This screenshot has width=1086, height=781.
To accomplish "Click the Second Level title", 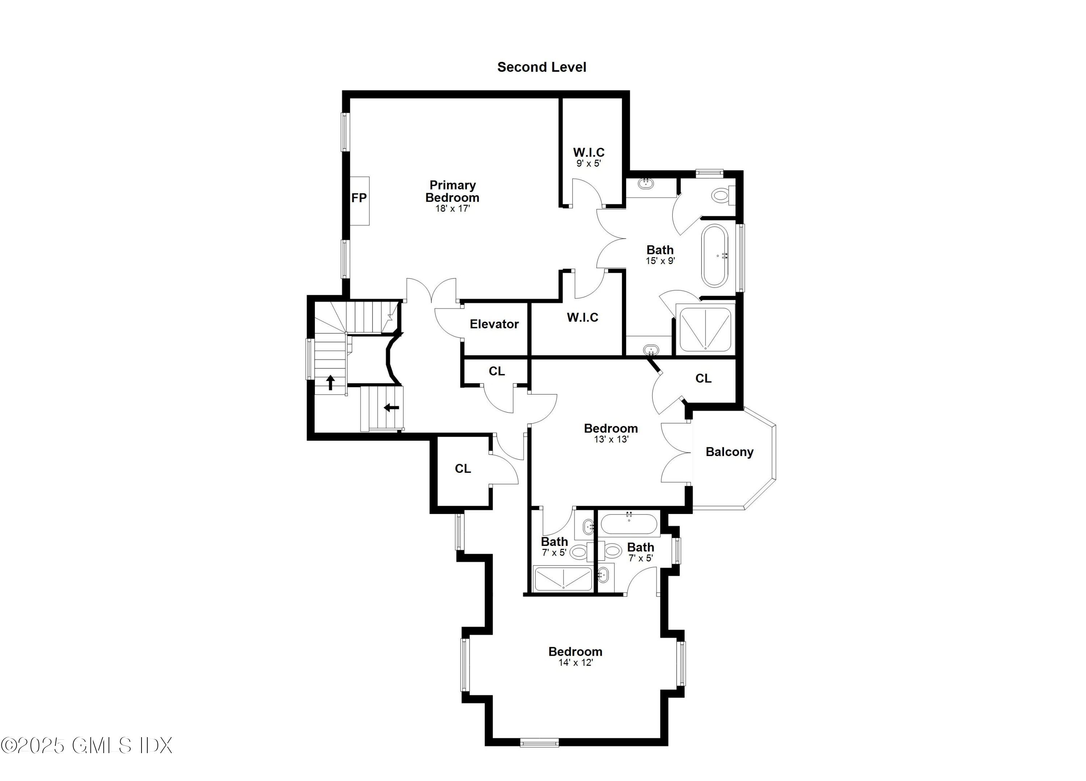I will click(541, 67).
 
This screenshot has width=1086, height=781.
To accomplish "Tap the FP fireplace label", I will click(359, 198).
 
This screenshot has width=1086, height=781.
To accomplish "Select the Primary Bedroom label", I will click(452, 191).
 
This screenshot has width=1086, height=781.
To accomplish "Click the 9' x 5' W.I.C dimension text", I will click(589, 163).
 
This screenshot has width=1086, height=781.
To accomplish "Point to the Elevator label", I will click(494, 324).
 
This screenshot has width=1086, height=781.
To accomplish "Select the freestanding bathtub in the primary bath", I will click(715, 255).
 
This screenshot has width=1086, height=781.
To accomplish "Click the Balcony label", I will click(729, 452).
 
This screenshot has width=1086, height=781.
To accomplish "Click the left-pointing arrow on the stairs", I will click(391, 408).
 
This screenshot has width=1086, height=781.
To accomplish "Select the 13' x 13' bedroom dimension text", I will click(611, 439).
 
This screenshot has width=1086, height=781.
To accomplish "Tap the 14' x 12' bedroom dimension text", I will click(575, 663).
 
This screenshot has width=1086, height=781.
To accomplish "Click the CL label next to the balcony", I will click(703, 379).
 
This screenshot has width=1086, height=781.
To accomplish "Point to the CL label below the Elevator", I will click(497, 371).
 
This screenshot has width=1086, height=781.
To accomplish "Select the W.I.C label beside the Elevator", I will click(582, 317).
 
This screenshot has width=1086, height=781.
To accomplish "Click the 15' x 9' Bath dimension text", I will click(660, 261).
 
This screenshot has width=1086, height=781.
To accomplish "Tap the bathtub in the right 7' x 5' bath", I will click(629, 525).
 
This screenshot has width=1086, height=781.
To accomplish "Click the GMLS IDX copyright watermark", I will click(86, 745).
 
